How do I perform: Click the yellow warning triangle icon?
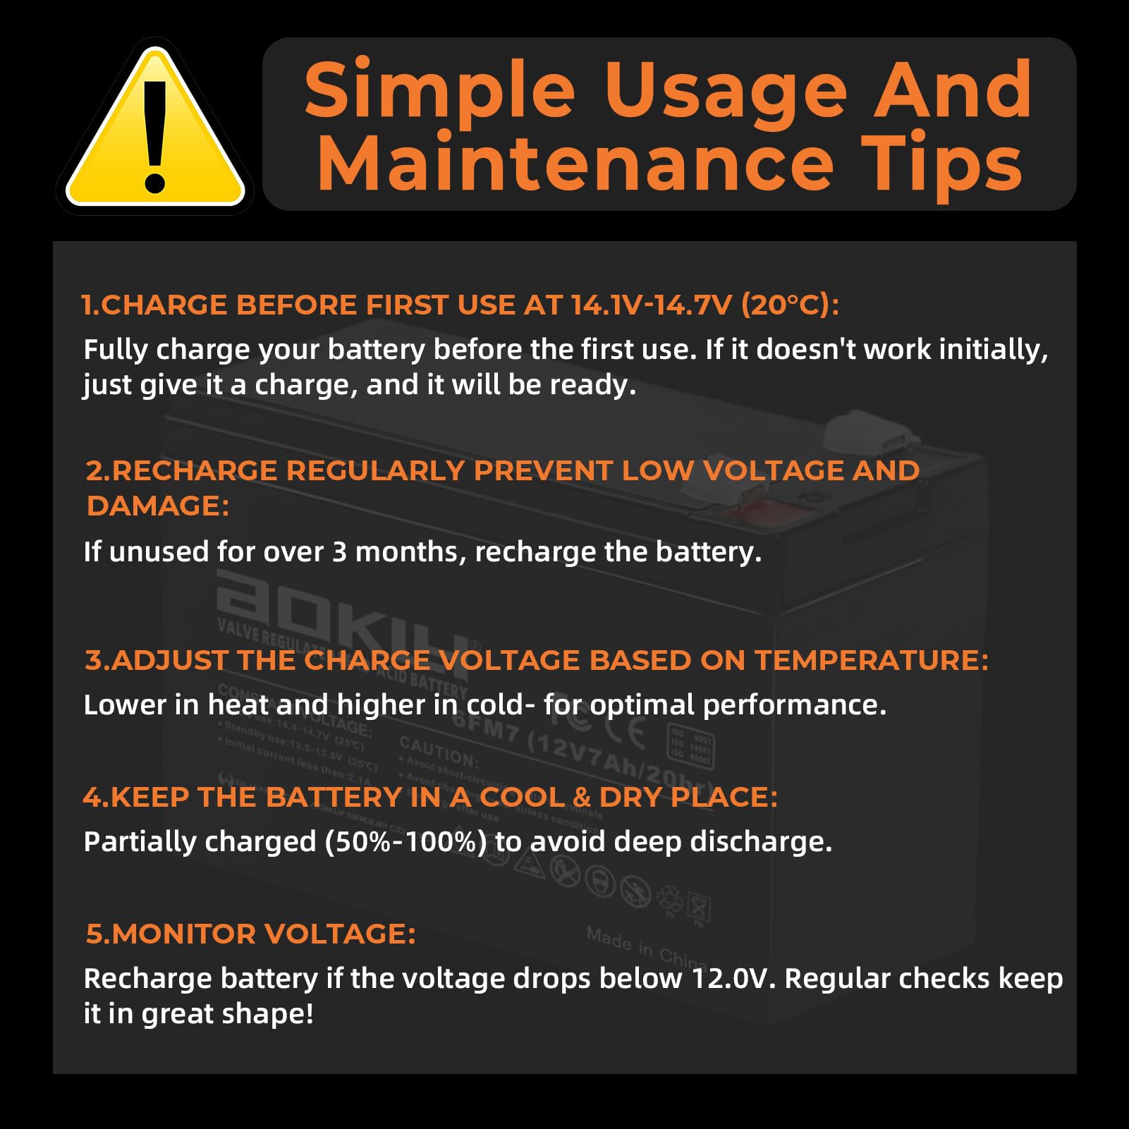pos(154,130)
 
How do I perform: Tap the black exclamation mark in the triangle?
pos(154,134)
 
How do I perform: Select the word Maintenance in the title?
pos(575,165)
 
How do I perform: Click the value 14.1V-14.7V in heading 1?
pos(652,305)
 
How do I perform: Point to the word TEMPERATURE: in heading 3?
pos(872,661)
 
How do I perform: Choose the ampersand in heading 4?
pos(582,798)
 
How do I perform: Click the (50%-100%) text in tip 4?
pos(405,842)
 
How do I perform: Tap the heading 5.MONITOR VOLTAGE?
pos(250,934)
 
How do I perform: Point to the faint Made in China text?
pos(645,947)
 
